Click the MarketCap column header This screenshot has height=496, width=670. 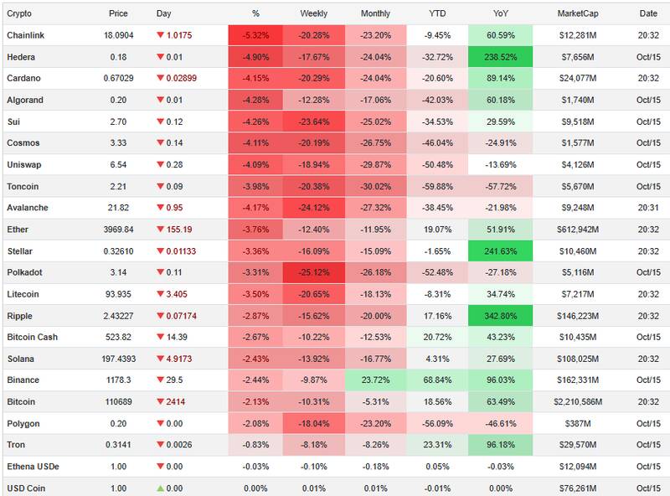(578, 13)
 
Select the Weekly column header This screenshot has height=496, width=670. (313, 13)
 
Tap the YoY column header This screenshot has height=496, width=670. (500, 13)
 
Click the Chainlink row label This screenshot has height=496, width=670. (25, 35)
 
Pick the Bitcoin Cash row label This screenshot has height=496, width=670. (33, 337)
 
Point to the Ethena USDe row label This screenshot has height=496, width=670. (33, 467)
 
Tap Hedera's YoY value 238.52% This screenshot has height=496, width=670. (500, 57)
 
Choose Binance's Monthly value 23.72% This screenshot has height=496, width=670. (375, 380)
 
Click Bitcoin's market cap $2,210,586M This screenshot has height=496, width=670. (579, 402)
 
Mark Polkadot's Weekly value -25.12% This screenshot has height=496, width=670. (313, 272)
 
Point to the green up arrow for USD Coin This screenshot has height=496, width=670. (161, 488)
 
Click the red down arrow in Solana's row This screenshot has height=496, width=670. (161, 359)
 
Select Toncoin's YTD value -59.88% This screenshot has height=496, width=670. (436, 186)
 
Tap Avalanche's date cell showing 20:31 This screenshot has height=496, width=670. (648, 208)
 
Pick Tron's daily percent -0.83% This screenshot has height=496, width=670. (255, 445)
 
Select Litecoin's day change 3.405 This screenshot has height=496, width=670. (180, 294)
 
